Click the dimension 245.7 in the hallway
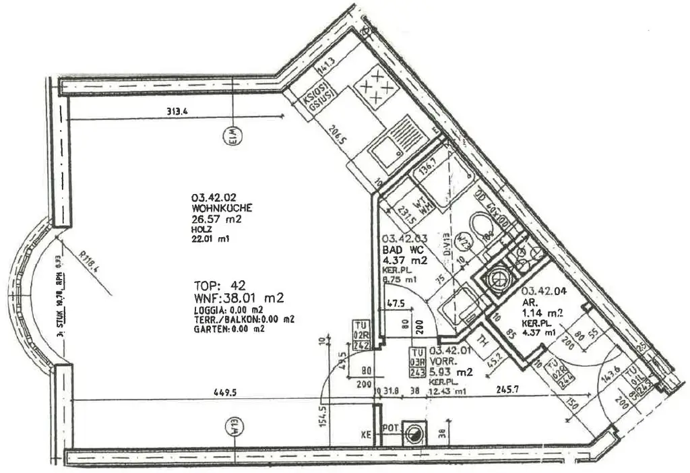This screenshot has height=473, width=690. [x=506, y=389]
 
